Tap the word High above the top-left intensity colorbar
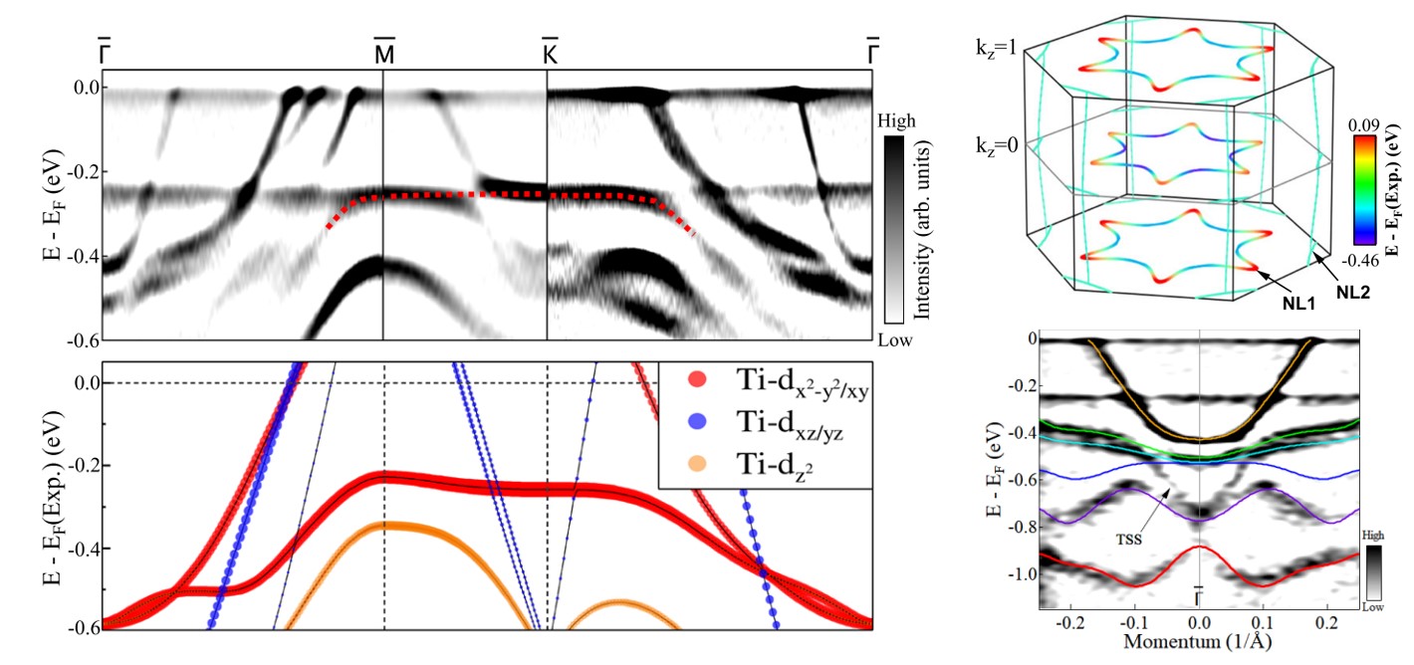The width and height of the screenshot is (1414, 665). point(899,120)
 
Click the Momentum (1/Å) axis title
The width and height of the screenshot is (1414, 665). point(1198,643)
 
